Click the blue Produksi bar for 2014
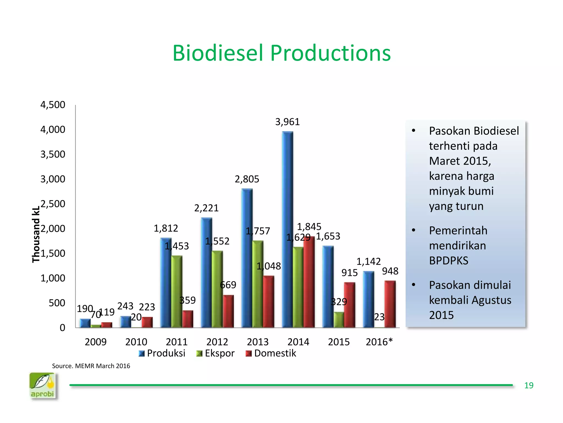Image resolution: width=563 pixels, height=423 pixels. coord(287,230)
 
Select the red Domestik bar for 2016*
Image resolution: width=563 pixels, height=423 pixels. coord(390,304)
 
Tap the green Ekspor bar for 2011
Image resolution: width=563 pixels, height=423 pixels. coord(176,292)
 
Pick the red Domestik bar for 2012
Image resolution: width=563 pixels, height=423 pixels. coord(228,311)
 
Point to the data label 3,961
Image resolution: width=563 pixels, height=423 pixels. coord(287,122)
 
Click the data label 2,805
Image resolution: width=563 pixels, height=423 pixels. coord(247,179)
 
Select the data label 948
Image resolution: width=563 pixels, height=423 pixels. coord(390,271)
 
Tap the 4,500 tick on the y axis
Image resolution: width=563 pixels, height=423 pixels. coord(53,105)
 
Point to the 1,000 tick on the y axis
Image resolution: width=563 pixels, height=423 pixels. coord(53,278)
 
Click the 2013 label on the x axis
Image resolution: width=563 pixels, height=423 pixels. coord(258,342)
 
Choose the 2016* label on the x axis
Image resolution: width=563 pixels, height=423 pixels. coord(379,342)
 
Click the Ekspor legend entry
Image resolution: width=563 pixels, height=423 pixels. coord(216,353)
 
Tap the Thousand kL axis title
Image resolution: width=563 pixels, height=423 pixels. coord(36,235)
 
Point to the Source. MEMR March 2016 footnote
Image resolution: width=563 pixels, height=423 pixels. coord(91,366)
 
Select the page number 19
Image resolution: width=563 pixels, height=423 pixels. coord(528,385)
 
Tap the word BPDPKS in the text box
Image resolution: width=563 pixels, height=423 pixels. coord(449,261)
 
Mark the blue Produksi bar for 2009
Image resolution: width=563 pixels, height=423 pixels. coord(85,323)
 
